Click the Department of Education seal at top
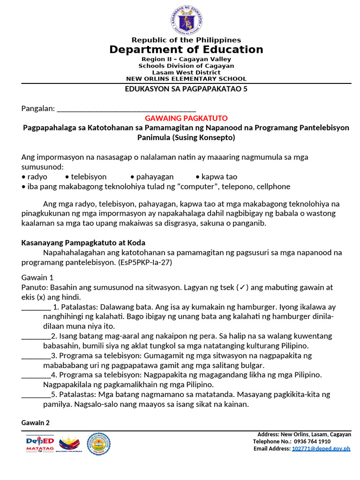pyautogui.click(x=186, y=21)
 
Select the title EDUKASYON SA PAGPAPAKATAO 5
pyautogui.click(x=186, y=89)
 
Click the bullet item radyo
pyautogui.click(x=37, y=177)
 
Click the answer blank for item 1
pyautogui.click(x=36, y=307)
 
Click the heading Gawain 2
pyautogui.click(x=36, y=423)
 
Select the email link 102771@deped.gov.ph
pyautogui.click(x=321, y=449)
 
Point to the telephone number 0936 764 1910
pyautogui.click(x=313, y=442)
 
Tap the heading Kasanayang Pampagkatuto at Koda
pyautogui.click(x=83, y=243)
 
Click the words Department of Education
pyautogui.click(x=186, y=50)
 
